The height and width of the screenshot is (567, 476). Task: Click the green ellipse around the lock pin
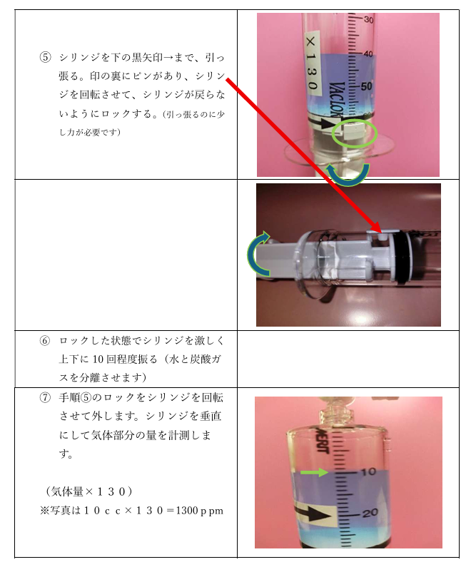tap(351, 133)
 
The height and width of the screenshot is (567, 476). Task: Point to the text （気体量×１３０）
tap(90, 492)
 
